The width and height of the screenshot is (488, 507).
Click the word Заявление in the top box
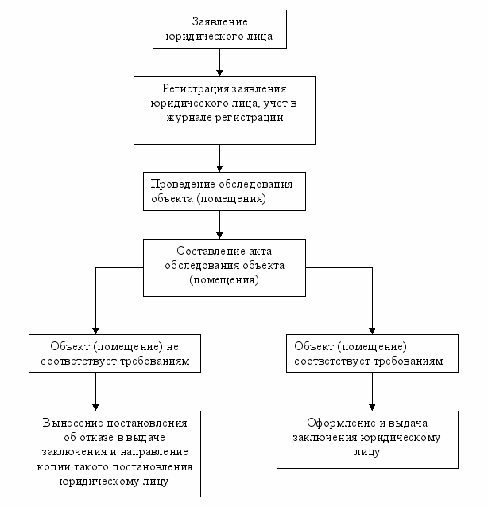click(219, 21)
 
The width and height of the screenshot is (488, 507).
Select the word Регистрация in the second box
click(196, 88)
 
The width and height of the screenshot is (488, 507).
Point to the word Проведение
click(183, 184)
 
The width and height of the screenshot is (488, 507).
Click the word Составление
click(210, 251)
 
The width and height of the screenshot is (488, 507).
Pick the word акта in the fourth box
click(261, 252)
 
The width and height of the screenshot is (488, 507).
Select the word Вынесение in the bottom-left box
click(72, 423)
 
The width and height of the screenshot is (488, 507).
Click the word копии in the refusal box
click(53, 467)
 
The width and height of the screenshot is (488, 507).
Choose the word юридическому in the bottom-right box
click(401, 438)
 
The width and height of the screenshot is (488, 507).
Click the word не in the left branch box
click(172, 347)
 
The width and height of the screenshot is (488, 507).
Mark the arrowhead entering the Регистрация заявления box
click(219, 73)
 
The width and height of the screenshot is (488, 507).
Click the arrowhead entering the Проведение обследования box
click(219, 169)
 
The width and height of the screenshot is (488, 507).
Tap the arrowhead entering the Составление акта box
click(219, 236)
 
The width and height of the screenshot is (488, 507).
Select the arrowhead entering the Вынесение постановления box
click(95, 408)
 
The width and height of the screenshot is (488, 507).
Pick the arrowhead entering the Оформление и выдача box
click(372, 408)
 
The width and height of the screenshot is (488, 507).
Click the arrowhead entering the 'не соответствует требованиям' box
click(95, 331)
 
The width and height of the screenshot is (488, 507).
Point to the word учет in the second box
click(275, 103)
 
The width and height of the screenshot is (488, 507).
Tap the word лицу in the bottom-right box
click(367, 452)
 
